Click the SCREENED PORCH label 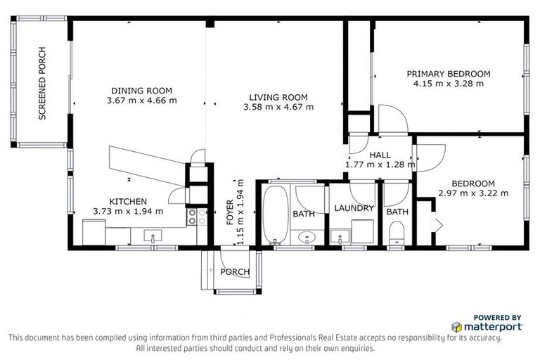coord(42,83)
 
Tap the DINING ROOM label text coord(141,91)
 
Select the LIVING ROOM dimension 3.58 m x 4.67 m coord(278,107)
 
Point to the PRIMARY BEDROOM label coord(448,74)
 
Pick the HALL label coord(380,155)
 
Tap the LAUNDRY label coord(353,208)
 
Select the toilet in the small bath coord(397,232)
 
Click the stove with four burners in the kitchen coord(197,217)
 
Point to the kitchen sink coord(153,237)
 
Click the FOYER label coord(230,210)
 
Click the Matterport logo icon coord(457,327)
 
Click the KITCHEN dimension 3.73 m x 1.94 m coord(128,210)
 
